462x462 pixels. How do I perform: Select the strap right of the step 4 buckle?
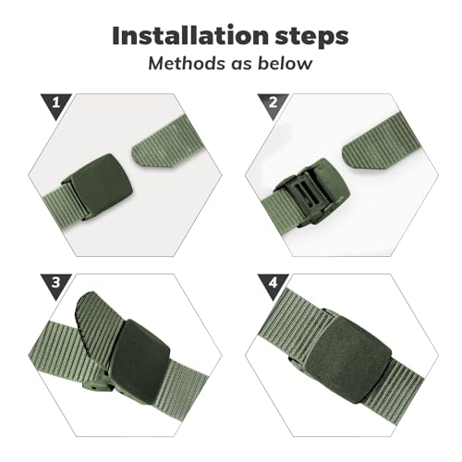coord(407,370)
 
